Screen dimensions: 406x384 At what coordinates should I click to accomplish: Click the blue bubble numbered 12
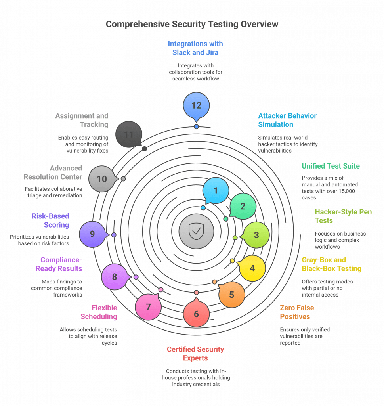pos(196,105)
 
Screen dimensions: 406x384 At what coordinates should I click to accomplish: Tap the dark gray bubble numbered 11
pos(129,135)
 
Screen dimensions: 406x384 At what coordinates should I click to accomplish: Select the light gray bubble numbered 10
pos(102,179)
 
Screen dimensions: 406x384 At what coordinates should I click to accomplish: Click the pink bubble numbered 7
pos(148,307)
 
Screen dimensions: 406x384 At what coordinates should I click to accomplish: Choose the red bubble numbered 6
pos(196,314)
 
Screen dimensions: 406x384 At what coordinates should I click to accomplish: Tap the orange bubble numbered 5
pos(232,295)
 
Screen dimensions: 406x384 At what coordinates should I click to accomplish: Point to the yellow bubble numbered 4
pos(252,268)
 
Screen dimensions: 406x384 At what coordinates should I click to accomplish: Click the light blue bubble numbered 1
pos(216,191)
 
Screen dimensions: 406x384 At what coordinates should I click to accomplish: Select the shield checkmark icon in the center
pos(196,231)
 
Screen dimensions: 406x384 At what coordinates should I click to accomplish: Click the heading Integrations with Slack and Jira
pos(195,48)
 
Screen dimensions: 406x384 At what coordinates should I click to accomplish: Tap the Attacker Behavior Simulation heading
pos(287,120)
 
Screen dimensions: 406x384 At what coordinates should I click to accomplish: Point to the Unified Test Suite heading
pos(331,166)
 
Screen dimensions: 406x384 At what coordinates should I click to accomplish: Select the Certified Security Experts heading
pos(195,354)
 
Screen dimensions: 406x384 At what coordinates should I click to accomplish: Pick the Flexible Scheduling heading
pos(99,312)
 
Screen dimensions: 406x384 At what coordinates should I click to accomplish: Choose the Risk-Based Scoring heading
pos(50,220)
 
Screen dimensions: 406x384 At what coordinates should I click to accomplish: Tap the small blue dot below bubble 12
pos(196,127)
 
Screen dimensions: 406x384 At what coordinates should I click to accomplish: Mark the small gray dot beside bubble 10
pos(123,179)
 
